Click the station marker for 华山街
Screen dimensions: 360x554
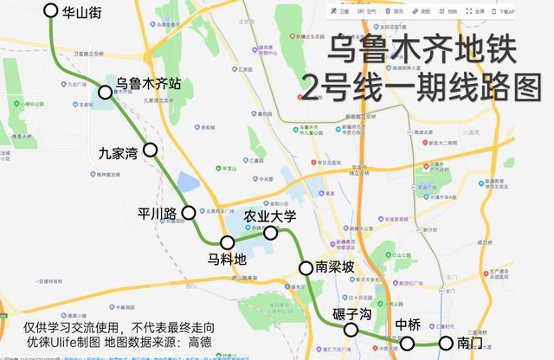click(x=50, y=12)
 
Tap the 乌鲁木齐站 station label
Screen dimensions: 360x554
click(x=154, y=85)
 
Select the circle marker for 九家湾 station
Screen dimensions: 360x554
click(x=150, y=150)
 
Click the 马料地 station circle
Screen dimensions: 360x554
click(x=228, y=242)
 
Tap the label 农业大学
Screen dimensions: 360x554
click(x=270, y=215)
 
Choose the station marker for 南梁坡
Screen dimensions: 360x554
click(x=305, y=267)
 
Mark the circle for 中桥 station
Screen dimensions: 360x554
click(x=407, y=344)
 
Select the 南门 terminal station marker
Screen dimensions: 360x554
click(x=445, y=344)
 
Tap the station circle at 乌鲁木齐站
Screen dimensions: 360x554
click(x=106, y=92)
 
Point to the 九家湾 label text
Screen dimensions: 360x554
click(x=119, y=156)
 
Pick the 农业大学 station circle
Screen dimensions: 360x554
click(x=270, y=233)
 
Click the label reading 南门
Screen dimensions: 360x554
click(x=470, y=344)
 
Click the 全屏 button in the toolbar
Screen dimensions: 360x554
click(x=473, y=11)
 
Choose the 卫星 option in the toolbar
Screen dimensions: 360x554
click(x=340, y=11)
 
